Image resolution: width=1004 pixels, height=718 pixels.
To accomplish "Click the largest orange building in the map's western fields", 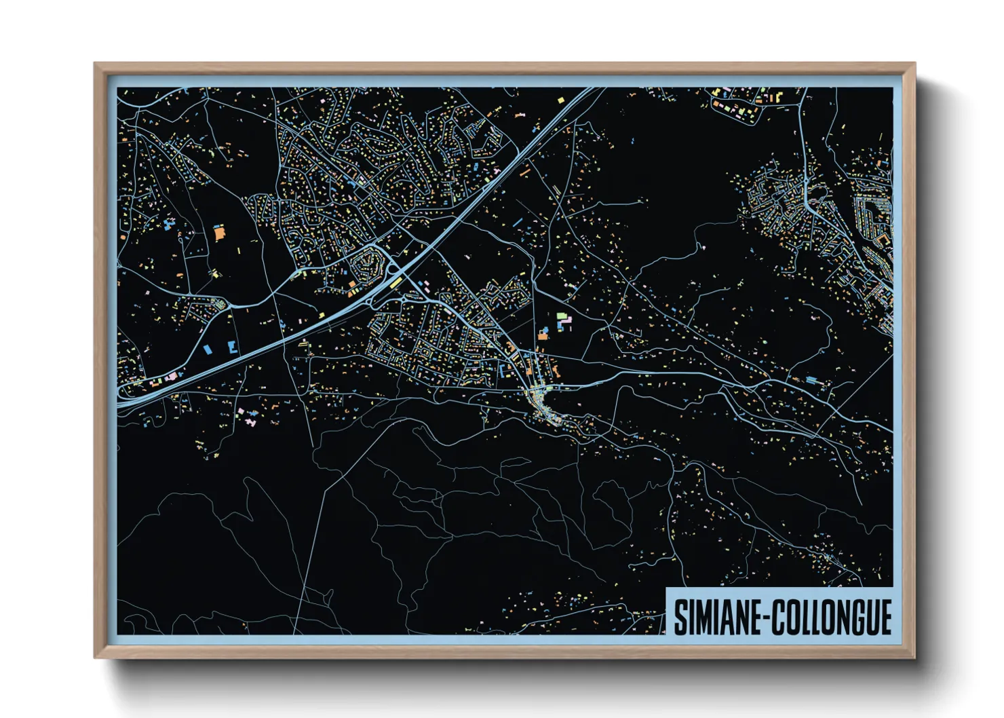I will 219,233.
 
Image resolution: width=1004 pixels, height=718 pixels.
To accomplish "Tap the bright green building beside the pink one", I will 561,316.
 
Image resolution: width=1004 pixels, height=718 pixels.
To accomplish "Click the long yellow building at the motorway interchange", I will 393,281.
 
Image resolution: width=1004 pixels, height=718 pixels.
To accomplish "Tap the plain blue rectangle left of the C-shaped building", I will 208,349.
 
